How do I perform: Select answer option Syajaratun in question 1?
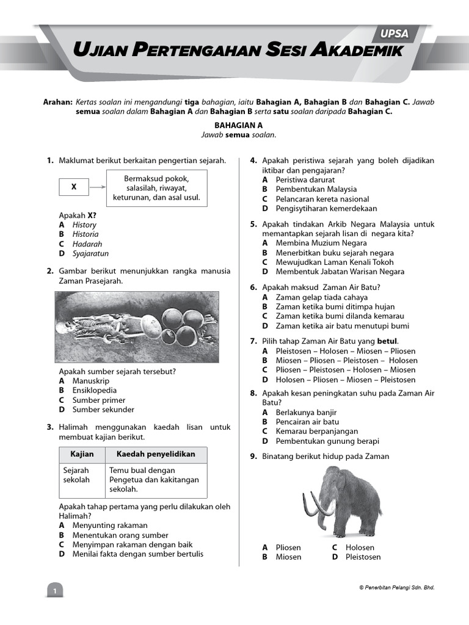tap(90, 253)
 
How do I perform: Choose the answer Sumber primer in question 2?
tap(98, 400)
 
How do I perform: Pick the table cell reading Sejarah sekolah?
tap(77, 475)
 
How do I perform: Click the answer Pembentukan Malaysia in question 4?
tap(316, 189)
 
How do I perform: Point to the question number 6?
tap(253, 287)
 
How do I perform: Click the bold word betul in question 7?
tap(387, 341)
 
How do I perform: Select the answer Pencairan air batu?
tap(307, 422)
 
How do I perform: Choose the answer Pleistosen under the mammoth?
tap(363, 557)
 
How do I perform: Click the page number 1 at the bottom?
tap(54, 591)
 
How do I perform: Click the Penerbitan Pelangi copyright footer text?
tap(396, 587)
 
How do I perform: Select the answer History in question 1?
tap(84, 225)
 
